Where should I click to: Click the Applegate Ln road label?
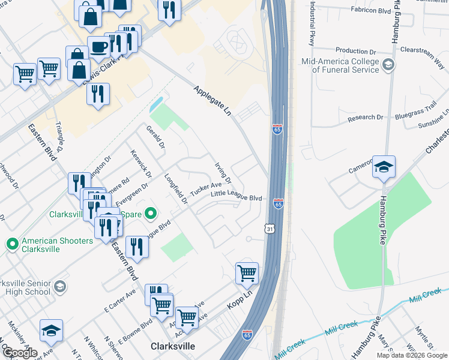(212, 100)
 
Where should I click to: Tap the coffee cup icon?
(98, 47)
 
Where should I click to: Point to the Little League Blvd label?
(237, 196)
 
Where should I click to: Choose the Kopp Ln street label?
(240, 300)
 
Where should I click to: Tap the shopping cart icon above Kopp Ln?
(247, 274)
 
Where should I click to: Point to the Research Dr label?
(366, 118)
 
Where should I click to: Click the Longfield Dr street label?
(176, 188)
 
